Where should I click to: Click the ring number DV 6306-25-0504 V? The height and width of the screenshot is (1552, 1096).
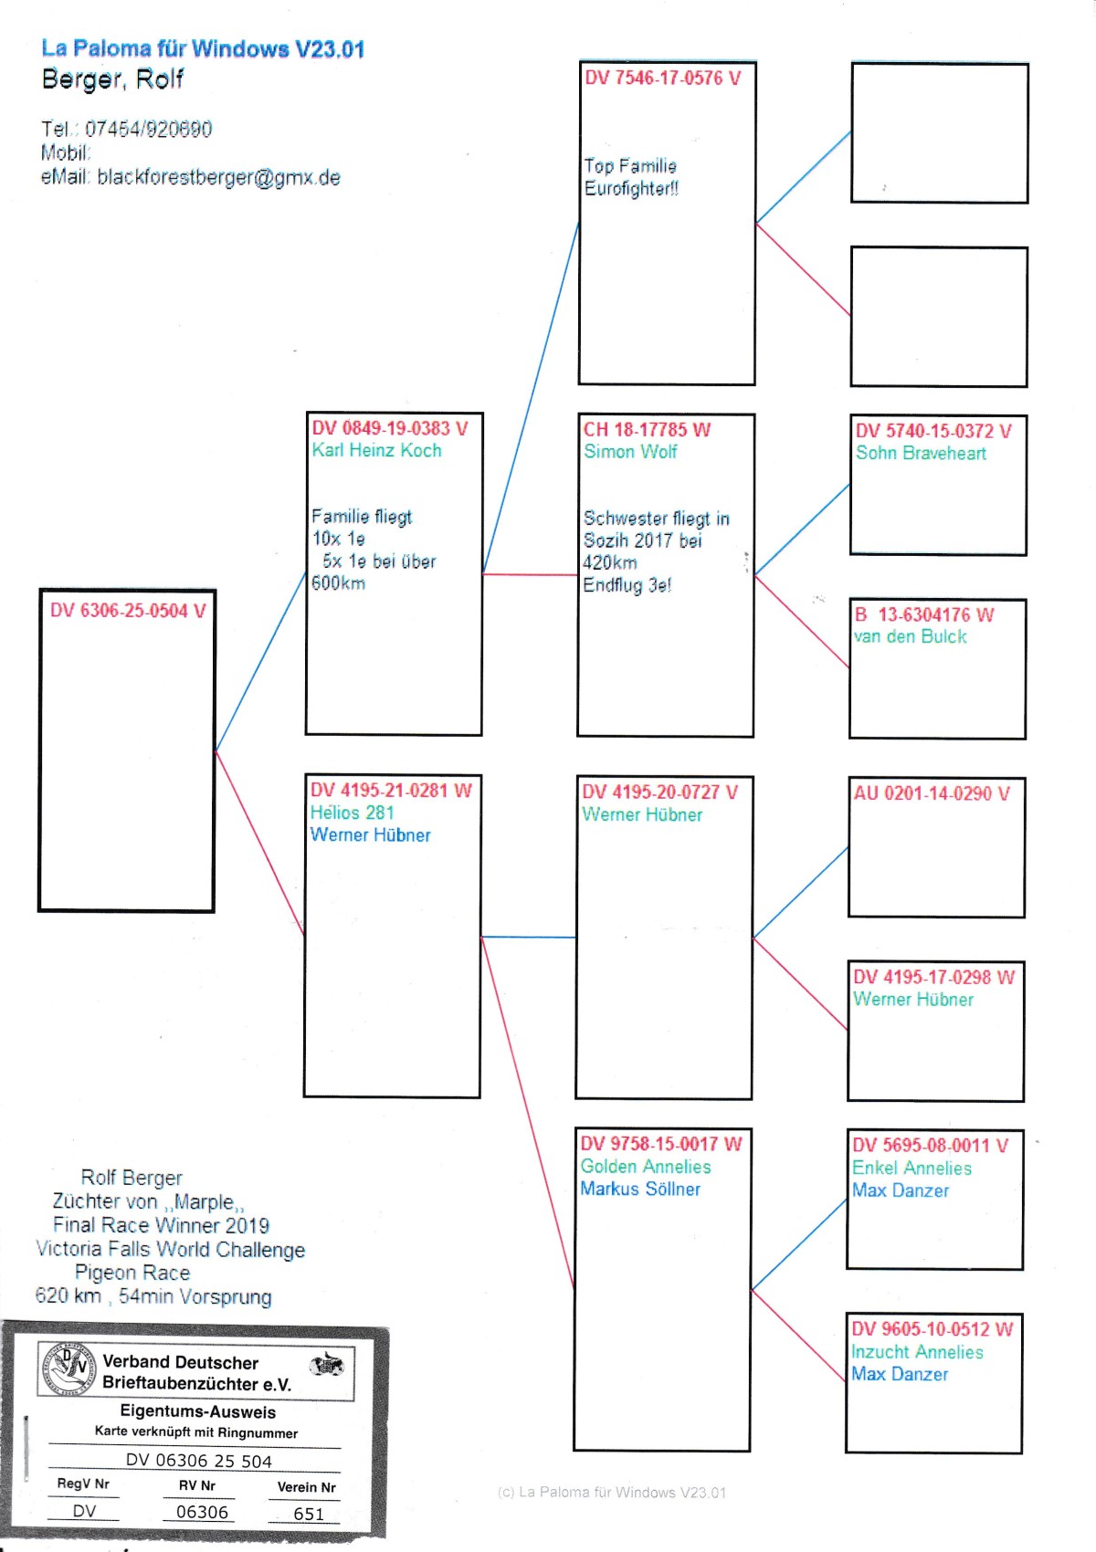pos(128,611)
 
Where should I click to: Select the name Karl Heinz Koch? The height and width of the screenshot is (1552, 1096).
pos(376,450)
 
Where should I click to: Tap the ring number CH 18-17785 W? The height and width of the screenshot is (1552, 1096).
pos(647,429)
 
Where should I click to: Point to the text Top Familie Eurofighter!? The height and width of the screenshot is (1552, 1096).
pos(631,177)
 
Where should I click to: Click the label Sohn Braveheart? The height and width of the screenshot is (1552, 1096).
pos(921,453)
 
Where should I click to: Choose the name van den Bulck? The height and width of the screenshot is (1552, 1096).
pos(910,636)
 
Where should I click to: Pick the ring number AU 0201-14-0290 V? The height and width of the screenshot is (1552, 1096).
pos(932,793)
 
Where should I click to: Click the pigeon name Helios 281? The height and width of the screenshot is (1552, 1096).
pos(352,813)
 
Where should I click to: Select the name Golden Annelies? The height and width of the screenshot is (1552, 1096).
pos(646,1167)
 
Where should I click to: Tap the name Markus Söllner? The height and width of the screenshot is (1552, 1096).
pos(640,1189)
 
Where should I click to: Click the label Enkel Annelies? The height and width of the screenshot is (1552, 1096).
pos(912,1168)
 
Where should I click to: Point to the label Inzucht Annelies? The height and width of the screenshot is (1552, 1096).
pos(917,1352)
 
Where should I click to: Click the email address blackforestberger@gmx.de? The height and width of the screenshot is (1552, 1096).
pos(218,177)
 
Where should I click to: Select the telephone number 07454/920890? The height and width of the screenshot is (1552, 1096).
pos(148,129)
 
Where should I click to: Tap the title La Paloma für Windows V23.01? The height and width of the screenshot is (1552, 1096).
pos(203,48)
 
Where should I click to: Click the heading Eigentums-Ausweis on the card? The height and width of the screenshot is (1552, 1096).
pos(197,1411)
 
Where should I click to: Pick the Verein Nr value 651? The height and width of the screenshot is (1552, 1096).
pos(309,1514)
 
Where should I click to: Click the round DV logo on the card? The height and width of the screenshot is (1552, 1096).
pos(68,1368)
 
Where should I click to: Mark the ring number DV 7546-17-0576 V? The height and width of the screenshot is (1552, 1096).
pos(663,78)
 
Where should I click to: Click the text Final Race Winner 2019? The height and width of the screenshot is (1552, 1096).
pos(161,1225)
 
